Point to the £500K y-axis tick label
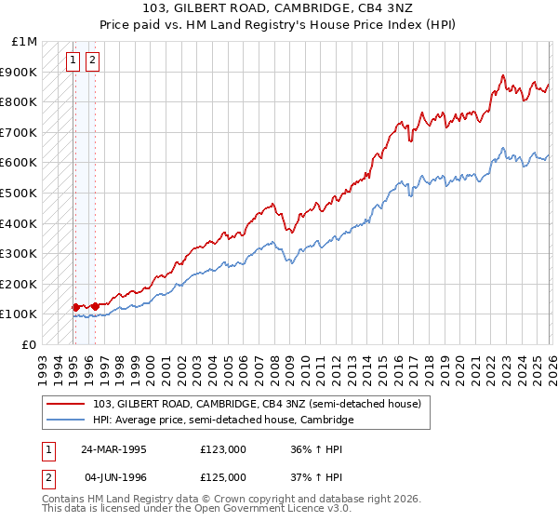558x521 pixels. (20, 194)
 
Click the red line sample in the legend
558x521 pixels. (67, 404)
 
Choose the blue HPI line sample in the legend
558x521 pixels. (67, 421)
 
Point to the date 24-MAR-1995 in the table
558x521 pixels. (113, 448)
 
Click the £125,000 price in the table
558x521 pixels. (223, 477)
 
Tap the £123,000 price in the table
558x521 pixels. (223, 448)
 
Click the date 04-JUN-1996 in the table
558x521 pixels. (113, 477)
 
